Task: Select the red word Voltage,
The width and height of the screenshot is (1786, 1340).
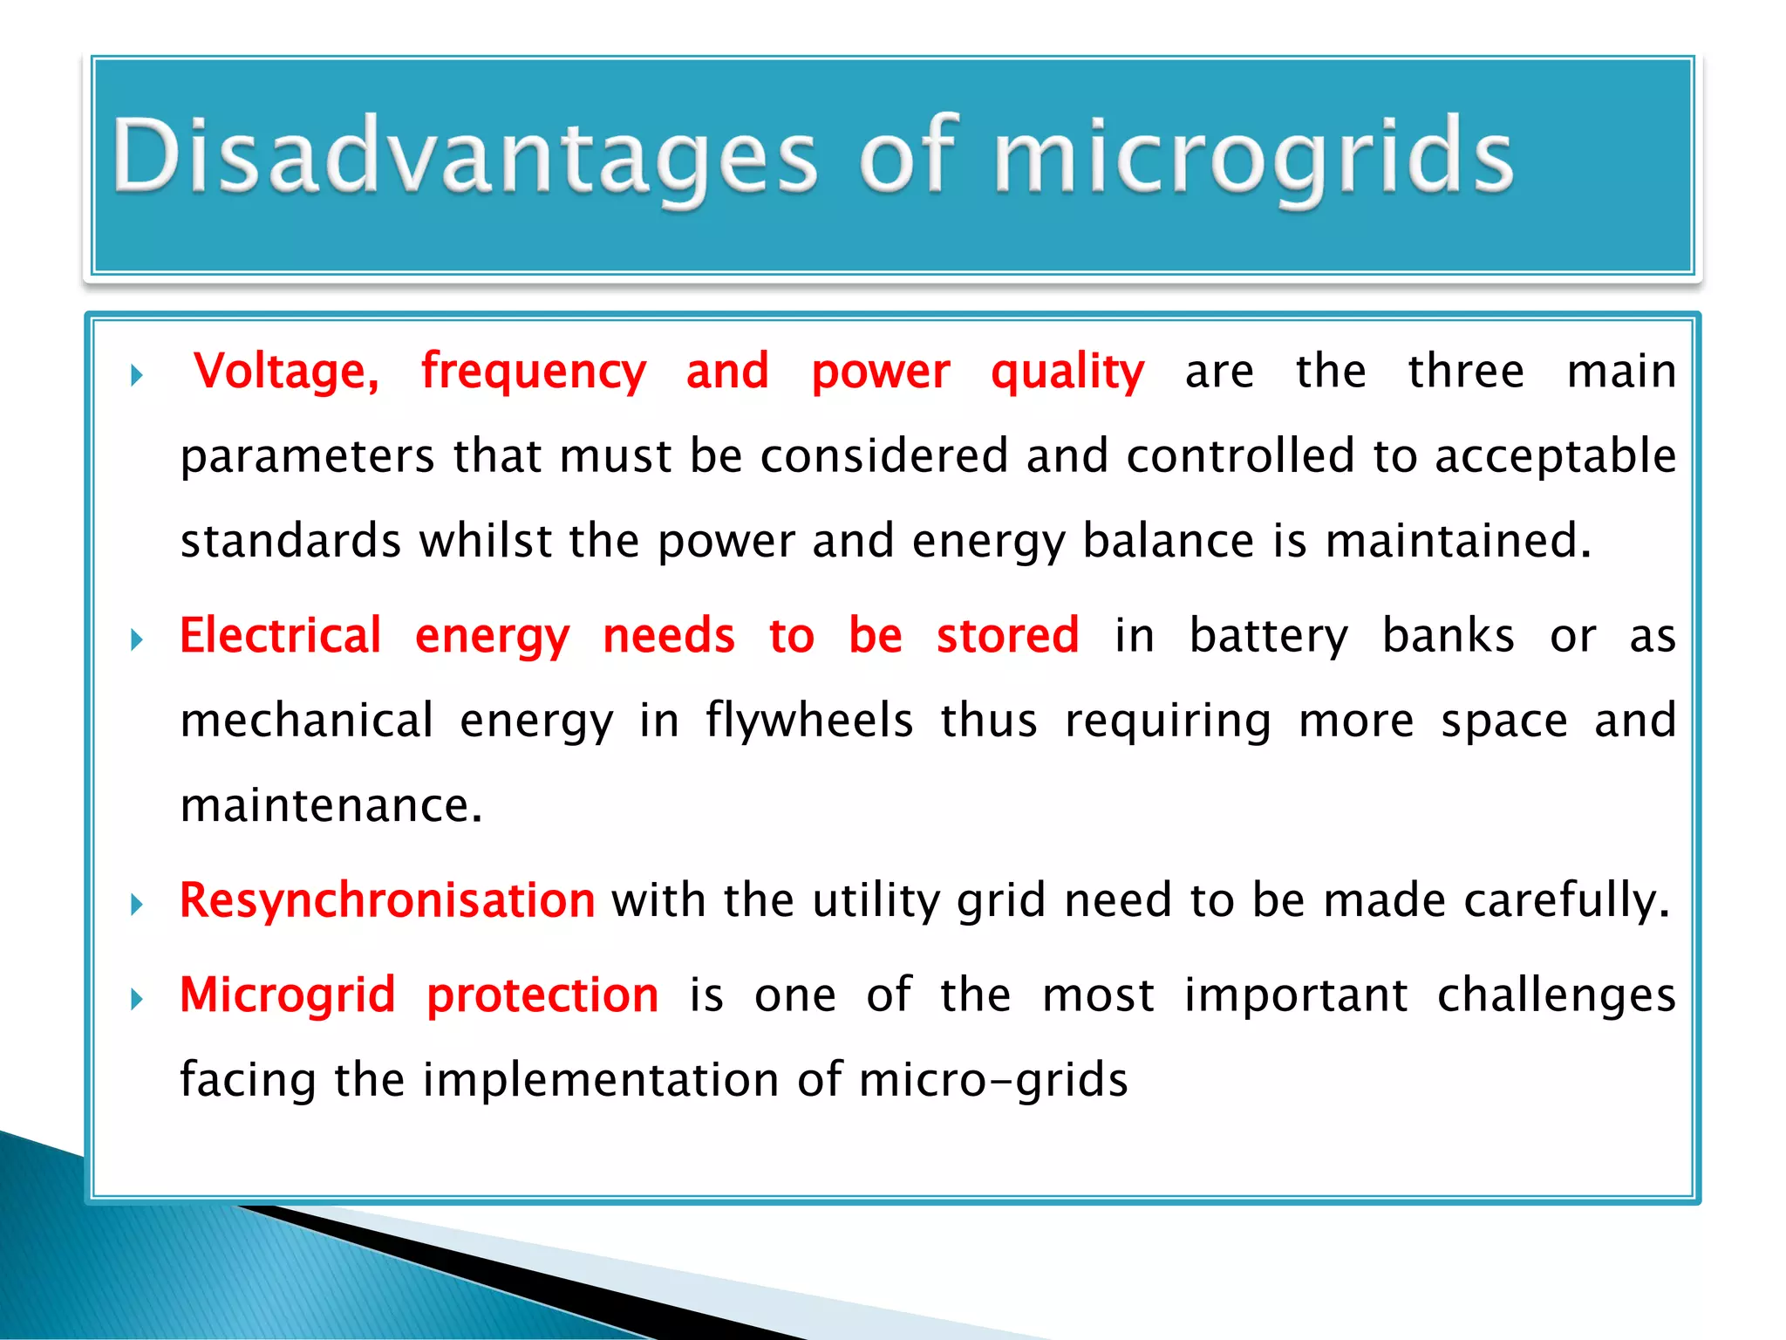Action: pyautogui.click(x=287, y=372)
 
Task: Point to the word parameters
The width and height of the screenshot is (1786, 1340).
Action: pyautogui.click(x=307, y=457)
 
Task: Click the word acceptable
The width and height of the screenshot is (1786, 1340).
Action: pyautogui.click(x=1555, y=457)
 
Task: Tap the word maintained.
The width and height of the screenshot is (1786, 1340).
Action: pyautogui.click(x=1458, y=541)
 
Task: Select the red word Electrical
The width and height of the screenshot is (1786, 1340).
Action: pyautogui.click(x=281, y=635)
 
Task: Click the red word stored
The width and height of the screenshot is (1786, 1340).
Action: pyautogui.click(x=1007, y=635)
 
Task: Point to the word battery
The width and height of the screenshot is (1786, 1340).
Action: pyautogui.click(x=1268, y=637)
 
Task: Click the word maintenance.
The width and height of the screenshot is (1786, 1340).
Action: pyautogui.click(x=331, y=805)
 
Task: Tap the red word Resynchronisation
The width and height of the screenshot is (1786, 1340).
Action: pyautogui.click(x=387, y=900)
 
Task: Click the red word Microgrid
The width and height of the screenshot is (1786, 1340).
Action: pyautogui.click(x=288, y=995)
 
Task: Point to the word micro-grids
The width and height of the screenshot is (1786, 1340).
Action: pyautogui.click(x=993, y=1080)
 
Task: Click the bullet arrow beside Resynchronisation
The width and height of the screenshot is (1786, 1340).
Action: pyautogui.click(x=137, y=904)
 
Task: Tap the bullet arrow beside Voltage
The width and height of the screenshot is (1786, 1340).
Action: pyautogui.click(x=137, y=376)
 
